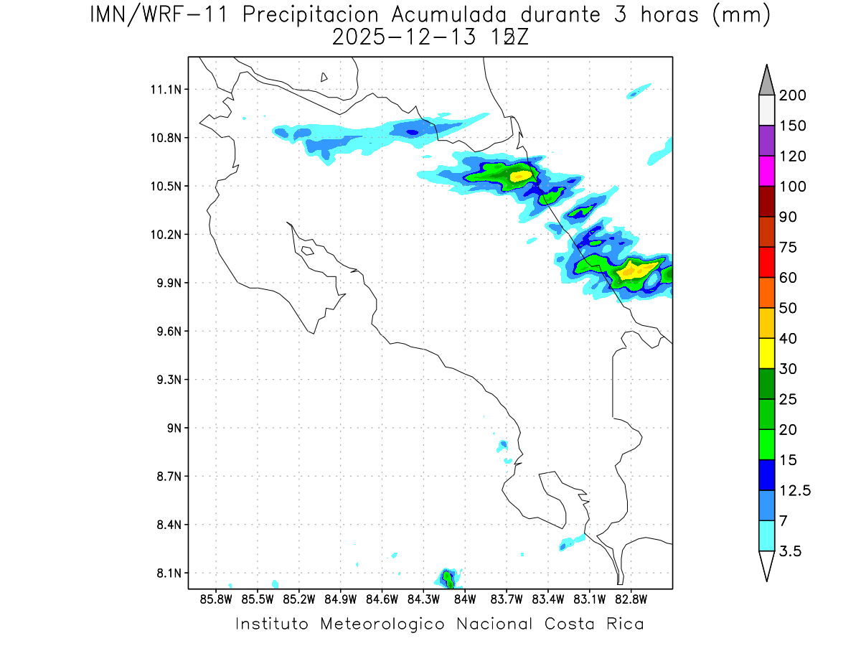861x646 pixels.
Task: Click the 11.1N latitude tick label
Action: [164, 90]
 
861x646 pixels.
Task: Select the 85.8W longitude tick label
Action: [217, 598]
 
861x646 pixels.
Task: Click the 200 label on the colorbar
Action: [793, 95]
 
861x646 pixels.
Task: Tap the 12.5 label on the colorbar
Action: [795, 490]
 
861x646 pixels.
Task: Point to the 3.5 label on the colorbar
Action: [791, 551]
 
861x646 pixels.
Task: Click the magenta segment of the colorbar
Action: [766, 171]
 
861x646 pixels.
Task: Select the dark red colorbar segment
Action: [766, 201]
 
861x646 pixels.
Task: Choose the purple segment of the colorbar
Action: [766, 141]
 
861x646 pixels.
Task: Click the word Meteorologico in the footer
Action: [382, 624]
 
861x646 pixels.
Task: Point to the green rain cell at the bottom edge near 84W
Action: [448, 578]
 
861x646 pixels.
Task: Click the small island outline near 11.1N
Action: [324, 78]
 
